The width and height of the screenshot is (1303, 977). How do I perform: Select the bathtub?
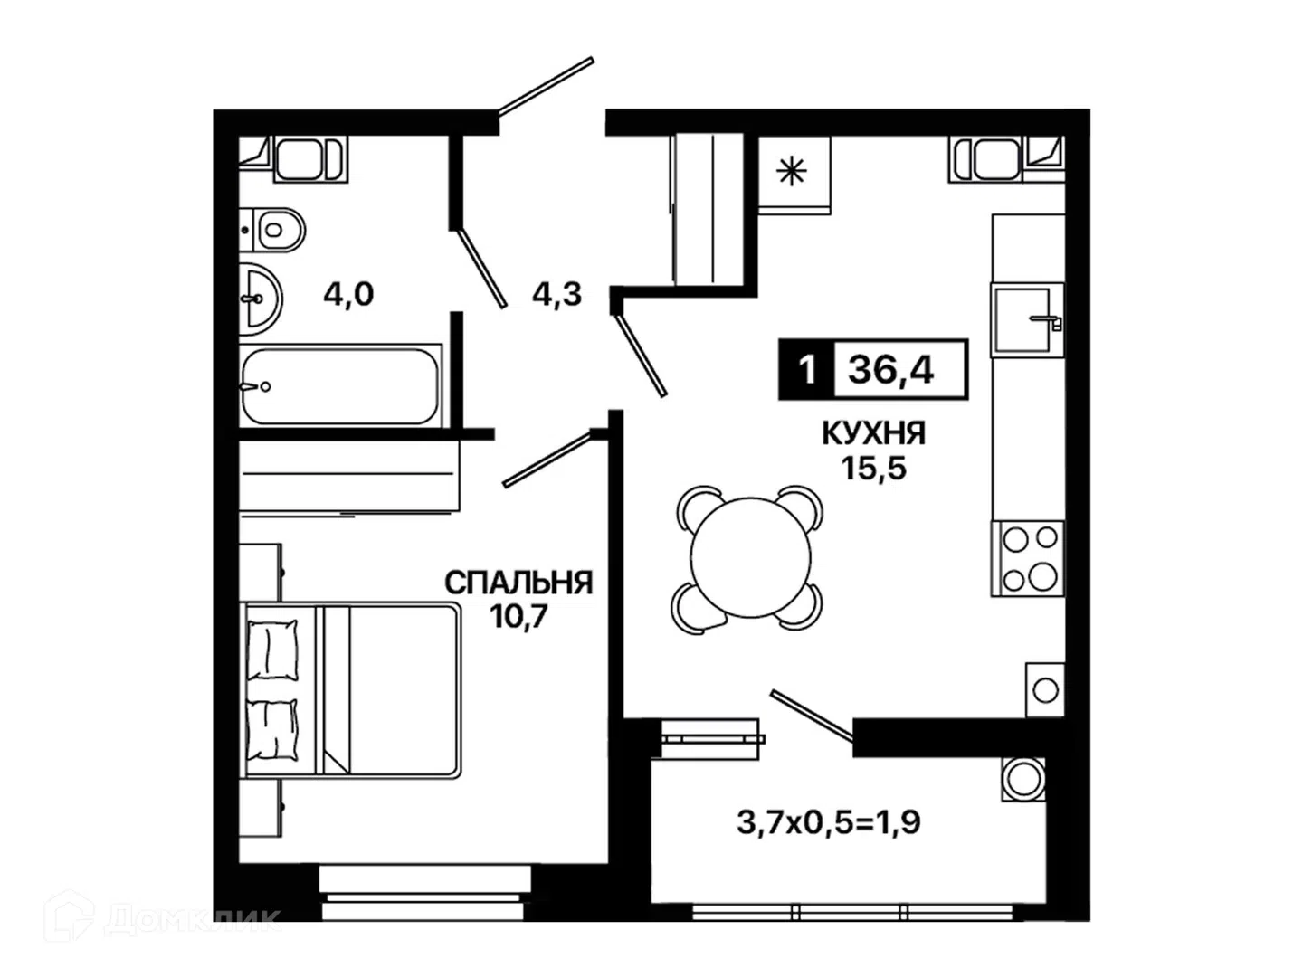tap(341, 386)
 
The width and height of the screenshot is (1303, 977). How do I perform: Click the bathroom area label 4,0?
tap(348, 294)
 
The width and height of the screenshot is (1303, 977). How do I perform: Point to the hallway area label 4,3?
tap(556, 294)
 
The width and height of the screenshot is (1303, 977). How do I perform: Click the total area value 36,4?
tap(891, 370)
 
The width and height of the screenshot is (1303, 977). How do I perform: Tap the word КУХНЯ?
tap(873, 433)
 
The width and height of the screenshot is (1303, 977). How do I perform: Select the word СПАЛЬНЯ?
tap(518, 583)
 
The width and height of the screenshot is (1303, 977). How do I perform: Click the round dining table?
tap(750, 557)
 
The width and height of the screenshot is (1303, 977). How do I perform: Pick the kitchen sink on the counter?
tap(1026, 319)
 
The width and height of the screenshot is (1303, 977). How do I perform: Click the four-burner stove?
tap(1028, 558)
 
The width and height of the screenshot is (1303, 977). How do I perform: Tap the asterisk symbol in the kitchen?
tap(792, 172)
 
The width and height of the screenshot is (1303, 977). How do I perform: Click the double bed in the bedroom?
tap(350, 690)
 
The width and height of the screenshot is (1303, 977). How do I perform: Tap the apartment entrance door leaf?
tap(547, 86)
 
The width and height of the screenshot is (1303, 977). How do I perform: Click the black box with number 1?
tap(806, 370)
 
